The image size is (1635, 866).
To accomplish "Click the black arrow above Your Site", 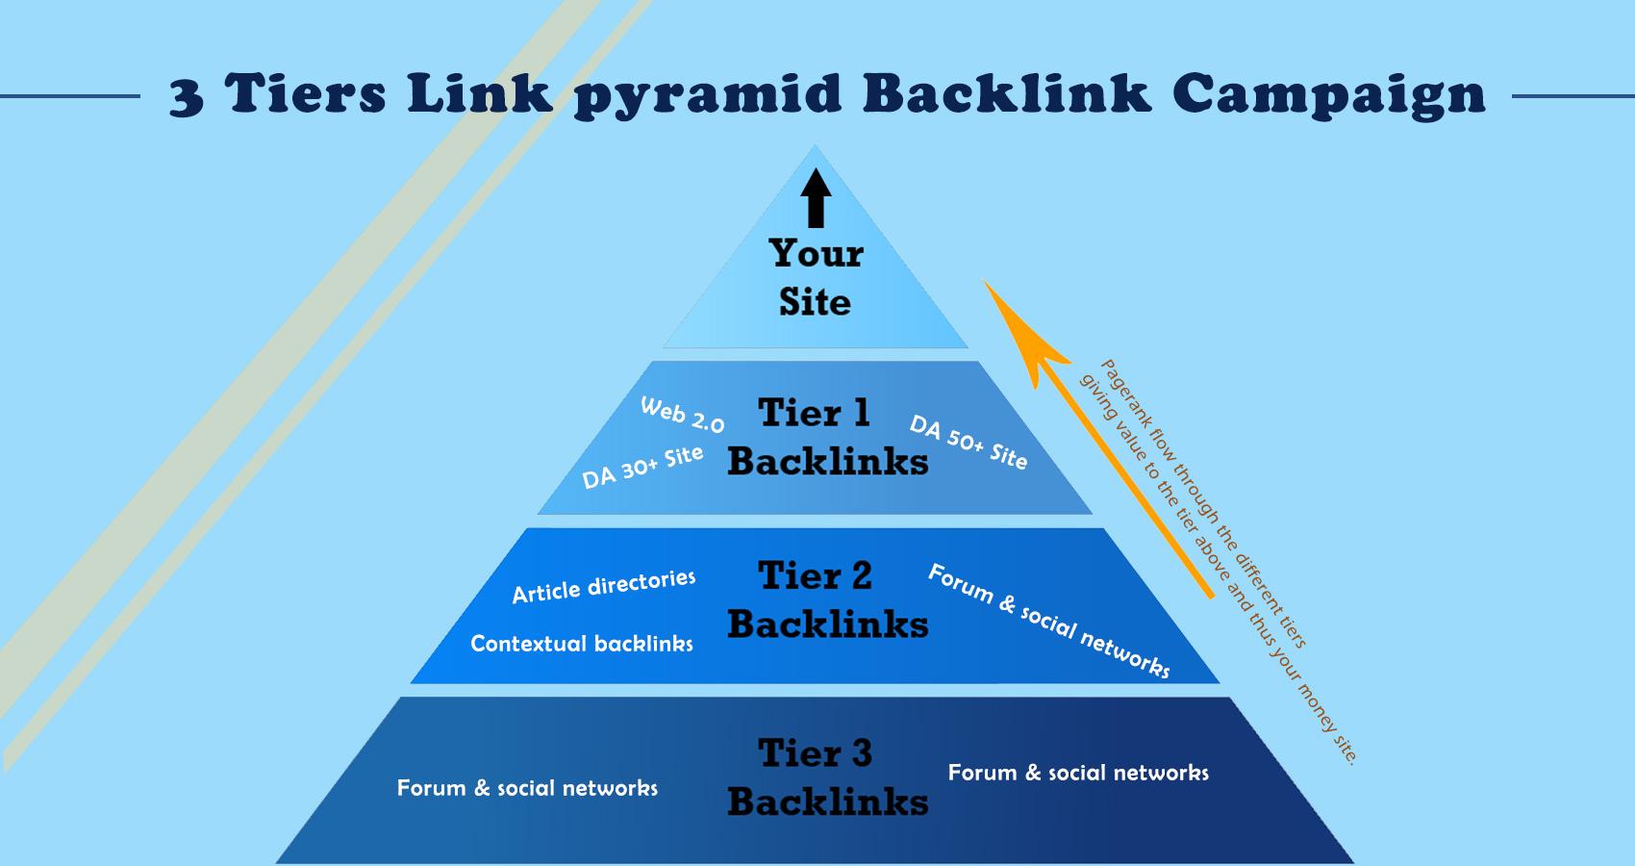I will [x=816, y=198].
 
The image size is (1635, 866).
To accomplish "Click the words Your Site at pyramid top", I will [x=816, y=277].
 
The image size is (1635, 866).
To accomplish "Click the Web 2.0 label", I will [x=682, y=415].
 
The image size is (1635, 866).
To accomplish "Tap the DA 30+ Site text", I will [x=642, y=467].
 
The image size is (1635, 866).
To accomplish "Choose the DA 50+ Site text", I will [x=968, y=443].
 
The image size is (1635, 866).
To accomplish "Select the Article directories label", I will [x=603, y=586].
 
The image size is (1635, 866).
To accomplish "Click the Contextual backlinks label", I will [x=581, y=644].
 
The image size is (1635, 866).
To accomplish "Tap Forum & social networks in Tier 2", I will [x=1048, y=621].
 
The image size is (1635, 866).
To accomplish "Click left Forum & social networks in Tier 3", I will [x=527, y=788].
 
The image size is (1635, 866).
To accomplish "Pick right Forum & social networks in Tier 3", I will [x=1078, y=773].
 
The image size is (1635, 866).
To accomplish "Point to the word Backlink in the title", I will [x=1007, y=93].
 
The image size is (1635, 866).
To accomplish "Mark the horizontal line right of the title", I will [x=1573, y=96].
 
